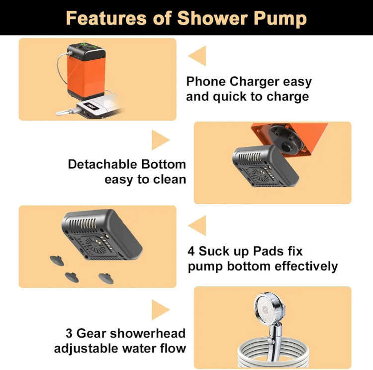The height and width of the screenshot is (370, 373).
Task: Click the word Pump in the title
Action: tap(280, 19)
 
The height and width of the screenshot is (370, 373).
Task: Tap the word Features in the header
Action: tap(106, 18)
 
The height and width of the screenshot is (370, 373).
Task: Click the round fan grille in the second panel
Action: tap(260, 174)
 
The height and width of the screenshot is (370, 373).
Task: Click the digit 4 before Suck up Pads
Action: tap(191, 251)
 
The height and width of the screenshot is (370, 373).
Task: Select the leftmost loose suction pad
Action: tap(57, 260)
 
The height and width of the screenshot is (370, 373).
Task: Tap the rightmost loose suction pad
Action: tap(106, 278)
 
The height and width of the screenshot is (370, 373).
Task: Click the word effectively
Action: tap(306, 266)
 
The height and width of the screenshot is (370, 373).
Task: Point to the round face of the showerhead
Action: tap(266, 309)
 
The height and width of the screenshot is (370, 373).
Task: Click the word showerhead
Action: tap(148, 333)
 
